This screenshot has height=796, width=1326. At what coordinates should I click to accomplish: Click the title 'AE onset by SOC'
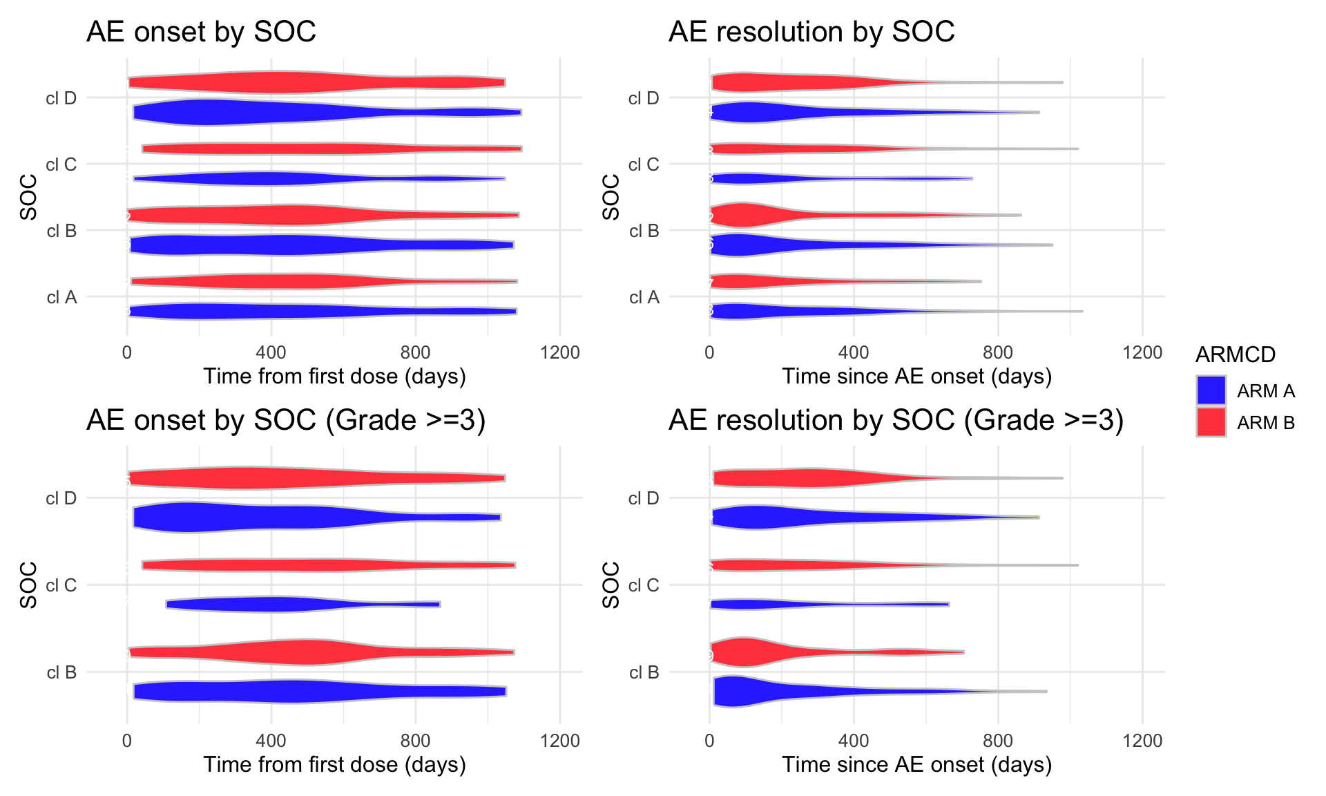click(x=201, y=32)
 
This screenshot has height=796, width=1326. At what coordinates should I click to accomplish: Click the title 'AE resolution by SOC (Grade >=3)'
click(x=896, y=420)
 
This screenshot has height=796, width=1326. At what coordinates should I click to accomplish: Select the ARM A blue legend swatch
click(x=1211, y=390)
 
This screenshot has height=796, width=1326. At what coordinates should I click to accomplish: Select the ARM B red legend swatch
click(x=1211, y=422)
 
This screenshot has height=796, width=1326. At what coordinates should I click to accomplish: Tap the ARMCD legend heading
click(x=1235, y=354)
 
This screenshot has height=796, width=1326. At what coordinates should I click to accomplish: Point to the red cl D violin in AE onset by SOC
click(x=290, y=82)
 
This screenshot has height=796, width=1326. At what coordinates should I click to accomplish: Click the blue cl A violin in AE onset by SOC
click(x=276, y=312)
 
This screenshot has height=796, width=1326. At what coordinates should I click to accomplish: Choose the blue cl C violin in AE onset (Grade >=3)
click(x=276, y=604)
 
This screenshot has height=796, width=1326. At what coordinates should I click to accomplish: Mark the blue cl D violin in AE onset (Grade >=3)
click(x=242, y=518)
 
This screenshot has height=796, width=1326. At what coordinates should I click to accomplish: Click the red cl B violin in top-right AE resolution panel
click(x=753, y=215)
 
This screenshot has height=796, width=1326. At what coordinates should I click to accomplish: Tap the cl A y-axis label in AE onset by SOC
click(x=61, y=297)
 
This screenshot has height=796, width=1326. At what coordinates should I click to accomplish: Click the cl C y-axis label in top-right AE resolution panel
click(x=644, y=164)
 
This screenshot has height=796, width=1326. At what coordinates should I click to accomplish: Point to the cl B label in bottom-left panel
click(x=61, y=672)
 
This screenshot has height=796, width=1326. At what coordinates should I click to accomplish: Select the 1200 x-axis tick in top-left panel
click(x=560, y=352)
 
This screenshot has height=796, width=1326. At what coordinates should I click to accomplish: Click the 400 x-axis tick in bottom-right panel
click(x=854, y=741)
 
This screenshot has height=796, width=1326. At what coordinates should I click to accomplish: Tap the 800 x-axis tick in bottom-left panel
click(x=415, y=741)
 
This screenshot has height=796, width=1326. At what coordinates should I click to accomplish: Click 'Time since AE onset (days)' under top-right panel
click(x=916, y=377)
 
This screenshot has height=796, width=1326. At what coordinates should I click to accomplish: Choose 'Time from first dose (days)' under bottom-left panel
click(x=334, y=765)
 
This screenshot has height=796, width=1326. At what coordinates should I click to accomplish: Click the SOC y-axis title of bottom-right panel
click(x=611, y=585)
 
